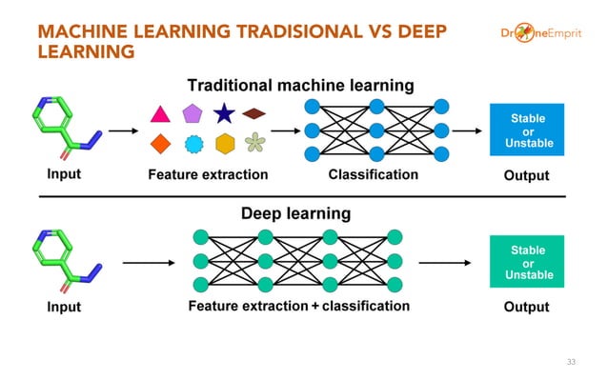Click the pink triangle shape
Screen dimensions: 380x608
(x=160, y=116)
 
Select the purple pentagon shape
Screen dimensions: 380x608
(x=193, y=115)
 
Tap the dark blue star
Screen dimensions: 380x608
(x=224, y=115)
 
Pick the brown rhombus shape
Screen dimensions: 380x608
(x=253, y=114)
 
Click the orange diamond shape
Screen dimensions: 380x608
(x=161, y=144)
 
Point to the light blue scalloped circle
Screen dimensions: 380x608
(x=193, y=145)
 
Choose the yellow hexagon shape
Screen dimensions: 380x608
(x=225, y=144)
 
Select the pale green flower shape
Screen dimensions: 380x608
(x=254, y=144)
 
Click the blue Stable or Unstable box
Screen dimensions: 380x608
(x=527, y=130)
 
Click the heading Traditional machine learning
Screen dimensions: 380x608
(x=300, y=86)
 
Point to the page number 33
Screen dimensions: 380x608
(x=572, y=362)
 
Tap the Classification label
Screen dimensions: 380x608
(x=373, y=174)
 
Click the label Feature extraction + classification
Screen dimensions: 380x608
(x=299, y=307)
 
